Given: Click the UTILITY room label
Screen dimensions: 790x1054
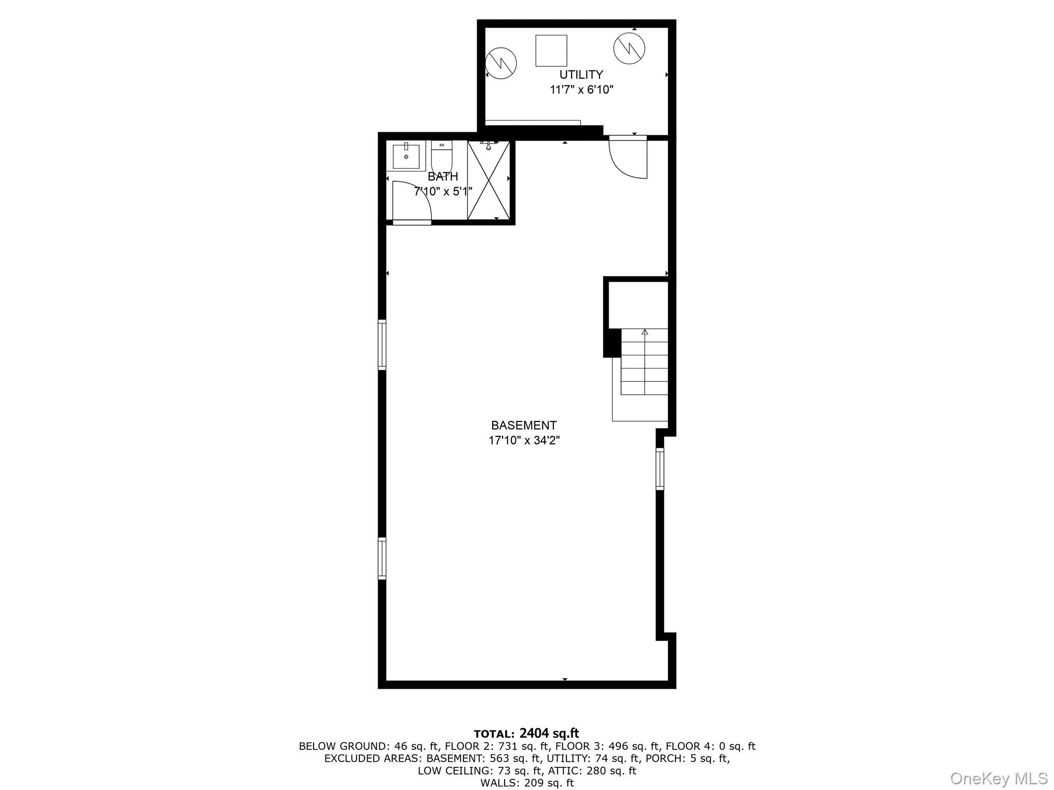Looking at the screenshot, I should coord(581,75).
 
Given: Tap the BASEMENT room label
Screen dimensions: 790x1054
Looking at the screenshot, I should coord(524,426).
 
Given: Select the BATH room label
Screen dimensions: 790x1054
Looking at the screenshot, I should coord(443,177).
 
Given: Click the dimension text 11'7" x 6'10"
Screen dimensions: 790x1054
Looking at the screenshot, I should coord(581,90).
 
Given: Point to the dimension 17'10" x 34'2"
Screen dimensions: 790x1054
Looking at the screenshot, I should coord(524,441).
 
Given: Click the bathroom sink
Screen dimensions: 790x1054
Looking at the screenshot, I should coord(406,156).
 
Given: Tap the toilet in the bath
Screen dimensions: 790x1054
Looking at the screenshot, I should coord(441,156).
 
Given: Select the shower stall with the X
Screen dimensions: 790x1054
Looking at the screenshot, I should coord(488,180).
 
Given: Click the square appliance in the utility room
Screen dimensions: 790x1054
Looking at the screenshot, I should coord(551,50).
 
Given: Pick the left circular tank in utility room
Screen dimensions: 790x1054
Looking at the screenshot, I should coord(501,63).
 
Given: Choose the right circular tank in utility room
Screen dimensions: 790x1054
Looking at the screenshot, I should coord(629,48).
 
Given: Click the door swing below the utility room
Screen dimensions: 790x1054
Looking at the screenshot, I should coord(628,157).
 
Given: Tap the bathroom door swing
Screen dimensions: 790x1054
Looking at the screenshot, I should coord(411,202).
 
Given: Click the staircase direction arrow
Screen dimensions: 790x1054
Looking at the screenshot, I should coord(645,332).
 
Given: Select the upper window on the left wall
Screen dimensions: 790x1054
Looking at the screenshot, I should coord(382,344).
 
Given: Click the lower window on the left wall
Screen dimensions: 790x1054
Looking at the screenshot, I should coord(382,558).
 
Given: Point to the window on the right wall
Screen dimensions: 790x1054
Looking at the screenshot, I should coord(660,468).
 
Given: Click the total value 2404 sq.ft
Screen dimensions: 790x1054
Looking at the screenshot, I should coord(549,733).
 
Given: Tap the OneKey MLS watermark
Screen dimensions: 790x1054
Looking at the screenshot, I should coord(998,777).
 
